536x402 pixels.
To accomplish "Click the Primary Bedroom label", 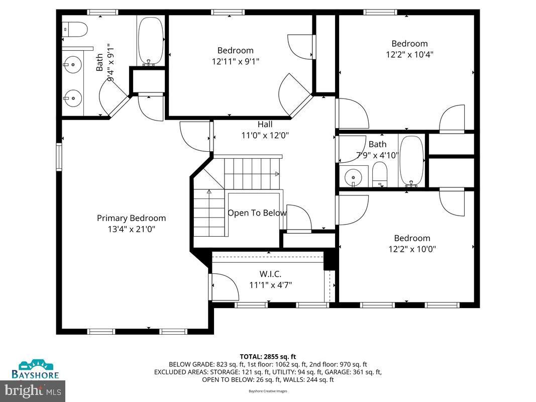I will pos(131,218).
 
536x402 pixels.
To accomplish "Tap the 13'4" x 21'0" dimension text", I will pos(131,229).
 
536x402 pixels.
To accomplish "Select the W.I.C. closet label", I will pos(270,274).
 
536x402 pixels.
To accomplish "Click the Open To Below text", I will pos(257,213).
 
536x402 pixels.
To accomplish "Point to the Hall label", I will pos(265,124).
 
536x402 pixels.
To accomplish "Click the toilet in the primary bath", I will pos(76,30).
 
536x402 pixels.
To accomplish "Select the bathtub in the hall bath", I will pos(411,160).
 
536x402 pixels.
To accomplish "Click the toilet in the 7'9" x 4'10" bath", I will pos(381,177).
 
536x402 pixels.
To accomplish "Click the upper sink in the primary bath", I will pos(72,64).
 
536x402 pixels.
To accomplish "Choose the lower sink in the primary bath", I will pos(72,96).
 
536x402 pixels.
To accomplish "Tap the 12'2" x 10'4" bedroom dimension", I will pos(409,54).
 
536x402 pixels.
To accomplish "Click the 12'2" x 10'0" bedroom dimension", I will pos(412,249).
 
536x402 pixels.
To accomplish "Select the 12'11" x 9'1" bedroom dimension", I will pos(235,61).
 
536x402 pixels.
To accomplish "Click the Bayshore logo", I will pos(35,370).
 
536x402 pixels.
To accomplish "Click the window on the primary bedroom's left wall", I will pos(59,157).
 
